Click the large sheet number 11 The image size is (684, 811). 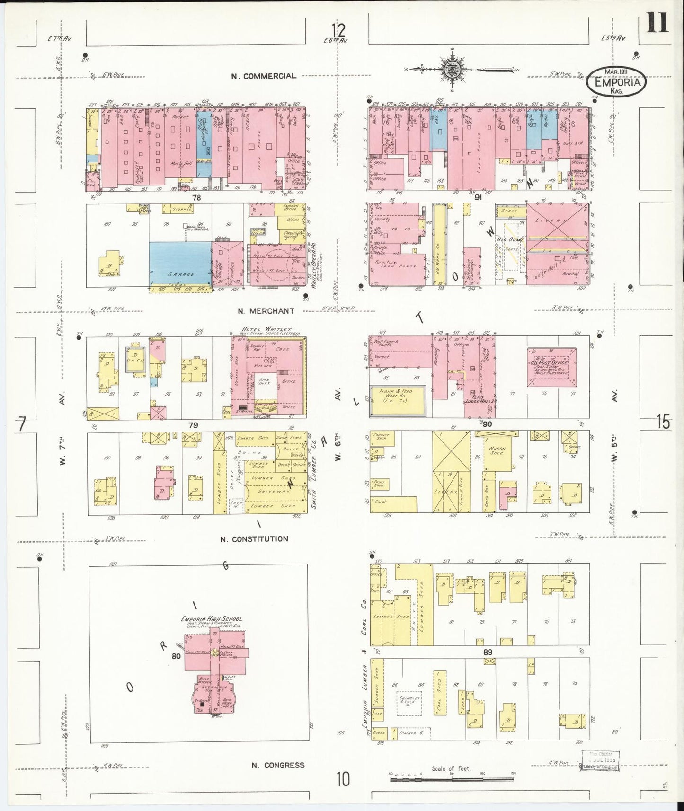(657, 22)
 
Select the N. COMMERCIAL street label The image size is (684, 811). (264, 76)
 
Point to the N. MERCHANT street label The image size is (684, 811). (266, 311)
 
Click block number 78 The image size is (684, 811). (196, 197)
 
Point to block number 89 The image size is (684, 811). (488, 652)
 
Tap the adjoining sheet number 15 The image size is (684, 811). (663, 422)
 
